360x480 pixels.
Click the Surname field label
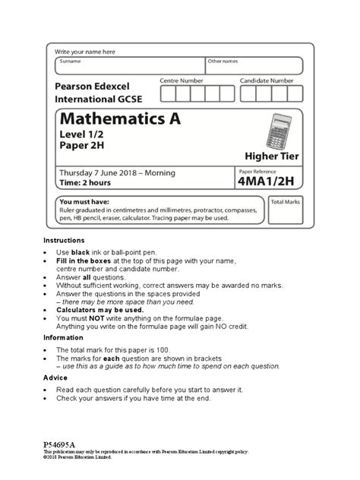(x=71, y=61)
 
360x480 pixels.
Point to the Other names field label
(x=223, y=61)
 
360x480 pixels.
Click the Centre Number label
(x=182, y=80)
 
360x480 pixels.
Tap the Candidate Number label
(x=267, y=80)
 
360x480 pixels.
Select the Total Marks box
(x=286, y=213)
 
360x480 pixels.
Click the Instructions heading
(x=64, y=239)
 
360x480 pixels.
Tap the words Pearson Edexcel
(x=99, y=87)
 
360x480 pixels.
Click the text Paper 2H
(x=84, y=147)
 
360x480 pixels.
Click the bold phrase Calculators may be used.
(x=100, y=310)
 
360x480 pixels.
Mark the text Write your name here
(x=84, y=51)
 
